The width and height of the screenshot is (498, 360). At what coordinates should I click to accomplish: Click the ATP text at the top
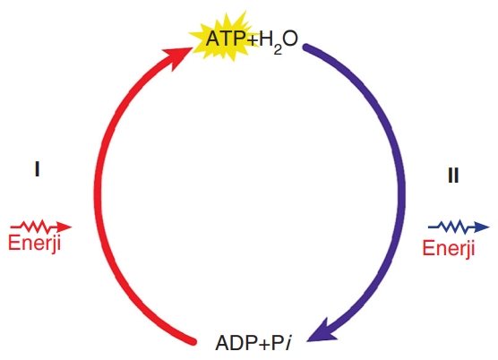[225, 39]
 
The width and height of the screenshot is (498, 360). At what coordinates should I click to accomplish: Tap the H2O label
[279, 40]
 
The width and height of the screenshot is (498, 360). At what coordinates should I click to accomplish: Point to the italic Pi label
[281, 343]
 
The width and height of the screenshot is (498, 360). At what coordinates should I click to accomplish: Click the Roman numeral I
[37, 169]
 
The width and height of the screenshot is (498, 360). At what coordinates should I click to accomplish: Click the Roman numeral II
[453, 175]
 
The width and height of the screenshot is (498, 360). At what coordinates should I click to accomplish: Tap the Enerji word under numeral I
[34, 244]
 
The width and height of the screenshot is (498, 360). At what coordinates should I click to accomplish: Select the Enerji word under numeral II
[449, 248]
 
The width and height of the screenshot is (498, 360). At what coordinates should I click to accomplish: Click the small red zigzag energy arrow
[41, 227]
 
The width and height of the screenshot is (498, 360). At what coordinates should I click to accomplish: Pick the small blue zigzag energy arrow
[459, 227]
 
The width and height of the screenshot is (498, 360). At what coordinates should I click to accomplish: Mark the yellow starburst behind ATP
[224, 37]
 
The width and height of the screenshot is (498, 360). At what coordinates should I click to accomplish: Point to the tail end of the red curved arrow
[193, 341]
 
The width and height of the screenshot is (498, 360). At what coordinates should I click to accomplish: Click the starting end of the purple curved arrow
[305, 47]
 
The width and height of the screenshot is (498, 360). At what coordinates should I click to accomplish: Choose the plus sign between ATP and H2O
[252, 40]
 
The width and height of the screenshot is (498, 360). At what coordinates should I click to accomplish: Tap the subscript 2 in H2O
[278, 50]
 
